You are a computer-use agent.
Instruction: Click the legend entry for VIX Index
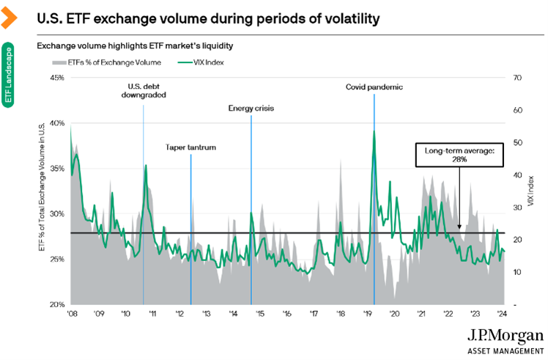pyautogui.click(x=207, y=63)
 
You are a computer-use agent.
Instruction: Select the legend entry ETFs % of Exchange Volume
pyautogui.click(x=119, y=63)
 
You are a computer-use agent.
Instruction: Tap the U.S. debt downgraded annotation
pyautogui.click(x=143, y=90)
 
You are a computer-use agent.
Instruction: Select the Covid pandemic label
pyautogui.click(x=374, y=87)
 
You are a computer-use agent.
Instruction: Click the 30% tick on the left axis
pyautogui.click(x=56, y=213)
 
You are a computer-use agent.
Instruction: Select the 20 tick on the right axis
pyautogui.click(x=518, y=240)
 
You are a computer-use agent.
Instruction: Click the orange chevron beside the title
pyautogui.click(x=10, y=15)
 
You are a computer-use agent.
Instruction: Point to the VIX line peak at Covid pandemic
pyautogui.click(x=374, y=131)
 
